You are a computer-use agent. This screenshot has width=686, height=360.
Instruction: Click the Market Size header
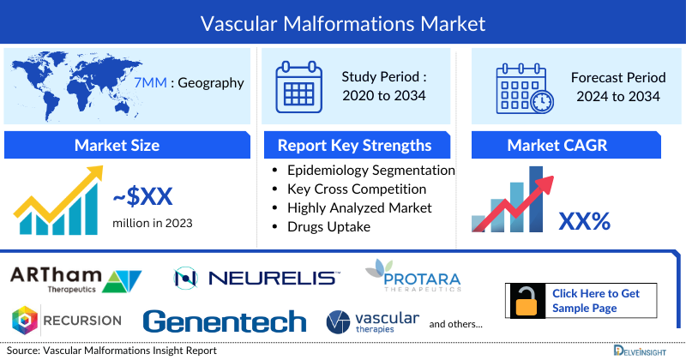coord(117,145)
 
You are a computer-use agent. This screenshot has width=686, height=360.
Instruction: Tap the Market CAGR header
coord(569,145)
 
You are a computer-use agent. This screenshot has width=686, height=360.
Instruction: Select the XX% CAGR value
coord(584,221)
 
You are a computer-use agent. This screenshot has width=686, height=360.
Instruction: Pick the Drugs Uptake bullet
coord(331,226)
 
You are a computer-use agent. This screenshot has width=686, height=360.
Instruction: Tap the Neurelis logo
coord(256,278)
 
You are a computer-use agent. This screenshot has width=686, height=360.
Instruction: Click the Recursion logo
coord(66,321)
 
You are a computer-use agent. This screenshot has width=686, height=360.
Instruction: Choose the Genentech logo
coord(225,321)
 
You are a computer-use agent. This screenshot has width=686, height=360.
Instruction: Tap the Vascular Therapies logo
coord(373,322)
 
